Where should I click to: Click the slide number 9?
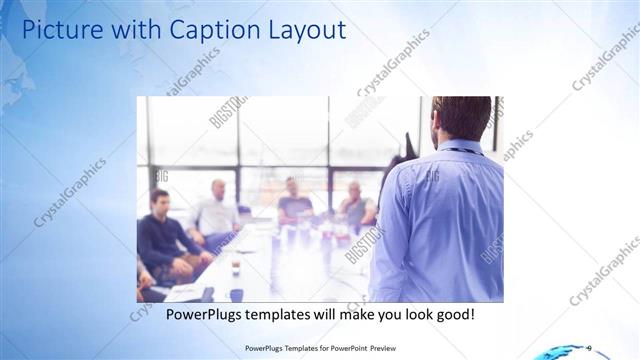coord(588,348)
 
